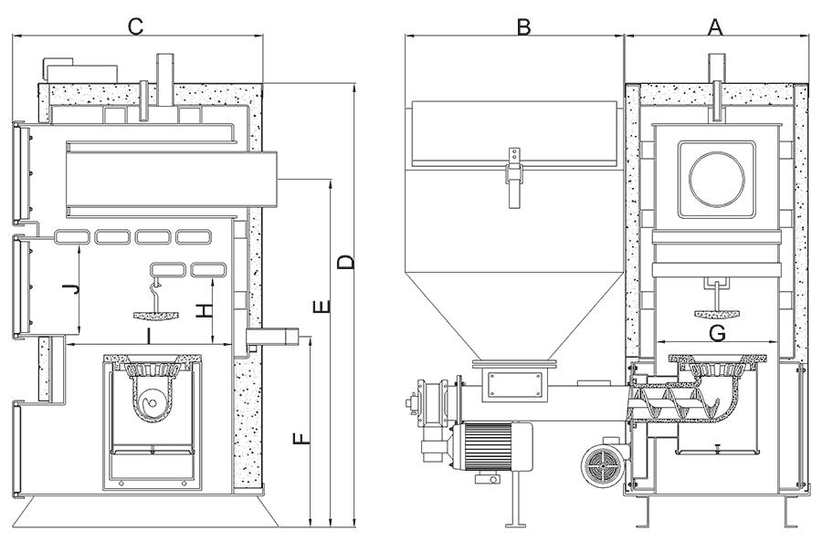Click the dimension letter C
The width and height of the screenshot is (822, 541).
click(135, 26)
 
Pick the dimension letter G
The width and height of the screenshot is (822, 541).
click(718, 333)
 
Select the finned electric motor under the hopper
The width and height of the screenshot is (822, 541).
click(493, 448)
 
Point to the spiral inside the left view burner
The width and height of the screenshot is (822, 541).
click(152, 401)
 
